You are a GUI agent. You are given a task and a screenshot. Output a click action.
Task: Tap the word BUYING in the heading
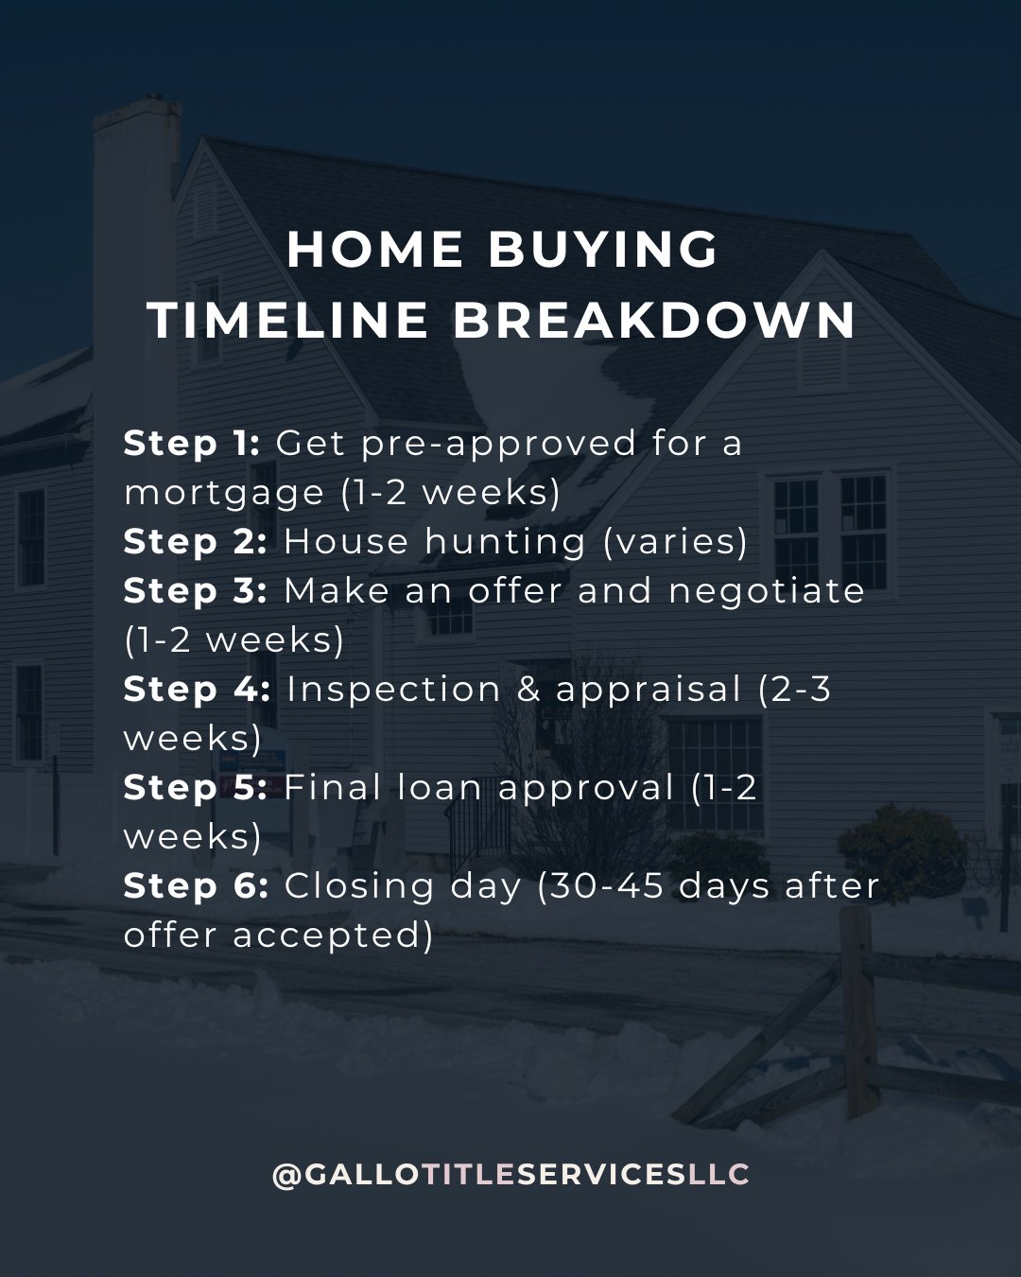(x=603, y=250)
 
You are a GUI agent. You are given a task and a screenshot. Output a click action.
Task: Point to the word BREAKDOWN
(x=654, y=320)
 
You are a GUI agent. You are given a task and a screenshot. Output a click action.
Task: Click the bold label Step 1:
(x=192, y=443)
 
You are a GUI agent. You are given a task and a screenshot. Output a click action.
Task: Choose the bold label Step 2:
(x=196, y=541)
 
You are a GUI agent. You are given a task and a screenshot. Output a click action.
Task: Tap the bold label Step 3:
(x=196, y=590)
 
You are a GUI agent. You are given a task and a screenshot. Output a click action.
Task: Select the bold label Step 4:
(x=197, y=689)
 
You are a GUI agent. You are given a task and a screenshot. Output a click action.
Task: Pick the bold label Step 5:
(x=196, y=787)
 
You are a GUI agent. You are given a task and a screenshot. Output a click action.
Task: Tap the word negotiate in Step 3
(x=767, y=591)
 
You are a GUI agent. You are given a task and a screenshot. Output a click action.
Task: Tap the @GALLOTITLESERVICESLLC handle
(x=510, y=1175)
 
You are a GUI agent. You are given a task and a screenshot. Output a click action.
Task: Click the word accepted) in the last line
(x=333, y=936)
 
